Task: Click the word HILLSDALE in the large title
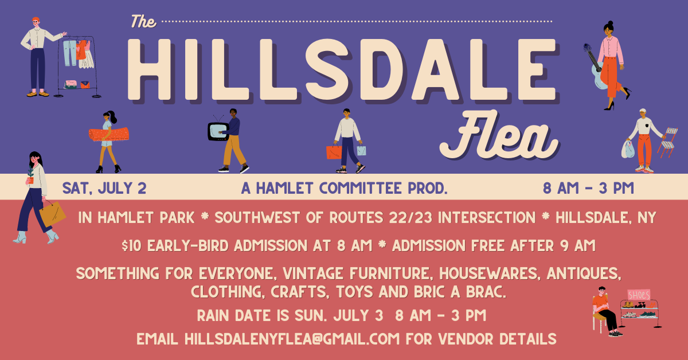tap(342, 70)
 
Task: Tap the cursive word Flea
tap(499, 135)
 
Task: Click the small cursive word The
tap(143, 22)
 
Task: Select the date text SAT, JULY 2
tap(104, 188)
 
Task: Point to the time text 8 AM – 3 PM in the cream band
tap(588, 188)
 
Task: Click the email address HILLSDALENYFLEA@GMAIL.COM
tap(292, 339)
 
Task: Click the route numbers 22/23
tap(411, 218)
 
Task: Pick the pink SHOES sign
tap(639, 295)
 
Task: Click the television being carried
tap(218, 131)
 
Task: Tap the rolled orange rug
tap(109, 135)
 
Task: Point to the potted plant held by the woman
tap(30, 175)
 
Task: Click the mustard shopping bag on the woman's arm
tap(52, 214)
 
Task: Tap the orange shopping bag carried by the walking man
tap(334, 152)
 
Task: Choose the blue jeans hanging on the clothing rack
tap(70, 53)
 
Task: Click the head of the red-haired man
tap(36, 22)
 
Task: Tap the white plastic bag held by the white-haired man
tap(628, 149)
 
